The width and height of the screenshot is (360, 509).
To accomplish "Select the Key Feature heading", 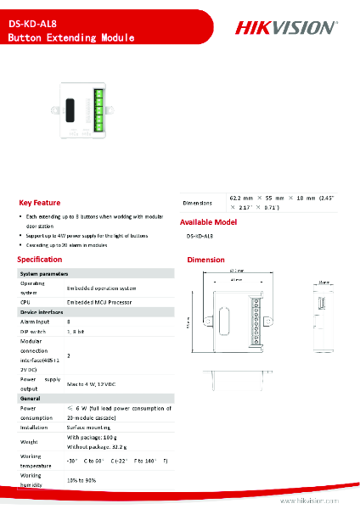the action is coord(40,203).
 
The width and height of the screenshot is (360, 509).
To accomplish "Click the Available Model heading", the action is coord(213,222).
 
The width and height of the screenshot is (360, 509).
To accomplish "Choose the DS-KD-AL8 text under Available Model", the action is coord(200,236).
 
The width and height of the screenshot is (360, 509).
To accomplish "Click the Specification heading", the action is coord(40,259).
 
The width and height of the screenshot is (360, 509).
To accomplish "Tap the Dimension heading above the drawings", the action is coord(205,260).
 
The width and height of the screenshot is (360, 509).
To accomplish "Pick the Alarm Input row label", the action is coord(34,322).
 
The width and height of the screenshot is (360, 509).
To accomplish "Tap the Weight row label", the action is coord(29,441).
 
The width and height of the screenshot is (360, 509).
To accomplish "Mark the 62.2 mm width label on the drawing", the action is coord(237,271).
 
